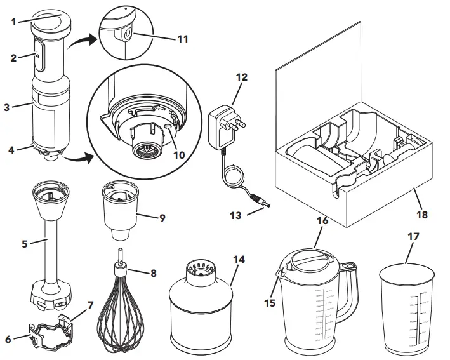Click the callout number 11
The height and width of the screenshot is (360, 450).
tap(183, 39)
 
